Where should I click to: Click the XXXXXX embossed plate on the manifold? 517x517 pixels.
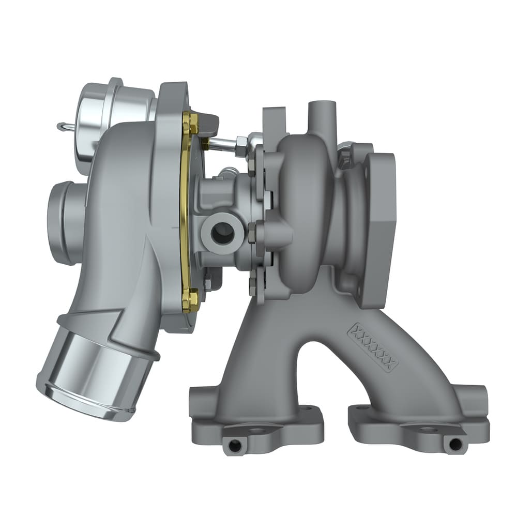tap(374, 346)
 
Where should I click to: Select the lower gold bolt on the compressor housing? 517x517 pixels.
tap(191, 300)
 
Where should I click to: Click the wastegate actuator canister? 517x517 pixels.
tap(116, 119)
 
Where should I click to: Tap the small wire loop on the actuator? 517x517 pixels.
tap(64, 126)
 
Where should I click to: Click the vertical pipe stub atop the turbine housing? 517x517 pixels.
tap(322, 116)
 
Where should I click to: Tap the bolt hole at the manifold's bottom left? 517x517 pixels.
tap(235, 444)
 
